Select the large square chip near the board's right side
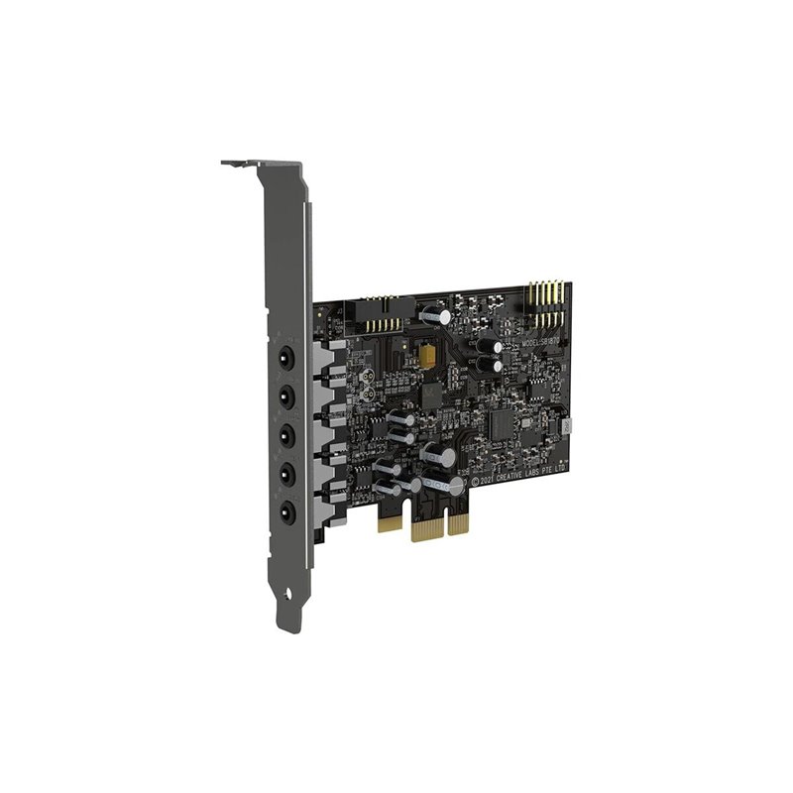click(x=506, y=423)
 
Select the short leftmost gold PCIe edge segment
click(x=390, y=522)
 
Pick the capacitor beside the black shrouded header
click(x=435, y=313)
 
